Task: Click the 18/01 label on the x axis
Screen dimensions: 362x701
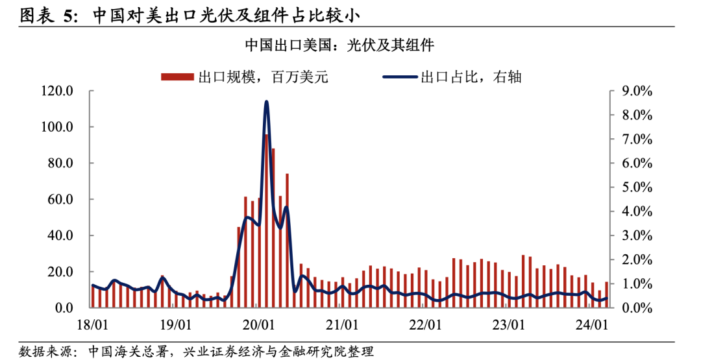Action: [x=92, y=322]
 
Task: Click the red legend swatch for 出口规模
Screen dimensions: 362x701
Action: [x=177, y=77]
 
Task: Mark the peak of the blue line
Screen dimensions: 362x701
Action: [x=266, y=102]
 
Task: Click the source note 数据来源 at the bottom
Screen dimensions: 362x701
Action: [x=45, y=351]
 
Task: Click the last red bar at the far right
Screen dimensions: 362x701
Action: [x=606, y=295]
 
